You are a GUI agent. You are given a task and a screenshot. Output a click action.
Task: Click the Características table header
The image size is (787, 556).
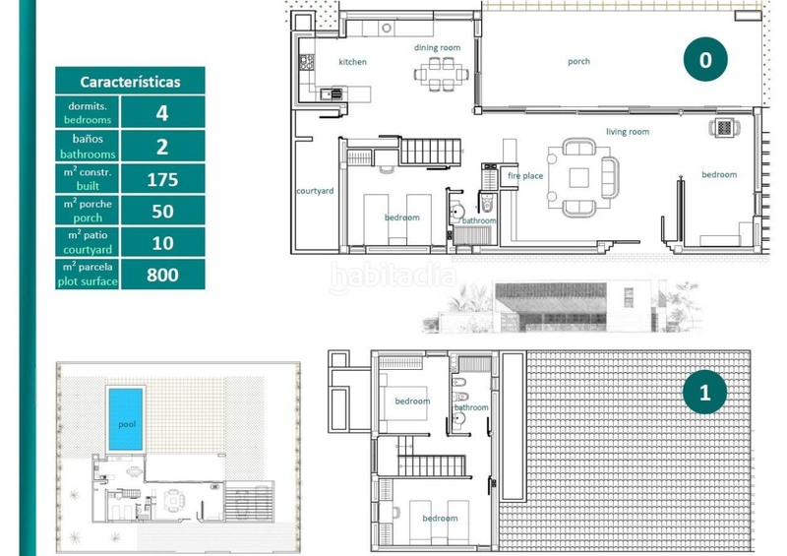129,82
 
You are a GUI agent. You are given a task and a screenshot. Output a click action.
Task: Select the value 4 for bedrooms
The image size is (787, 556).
162,113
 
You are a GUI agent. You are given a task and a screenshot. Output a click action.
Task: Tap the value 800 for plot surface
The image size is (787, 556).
162,275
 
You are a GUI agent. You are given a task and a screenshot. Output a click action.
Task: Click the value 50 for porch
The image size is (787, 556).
162,211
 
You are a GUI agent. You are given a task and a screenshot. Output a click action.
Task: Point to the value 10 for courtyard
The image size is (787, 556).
162,242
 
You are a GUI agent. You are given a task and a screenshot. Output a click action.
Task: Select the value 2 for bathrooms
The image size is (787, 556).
162,147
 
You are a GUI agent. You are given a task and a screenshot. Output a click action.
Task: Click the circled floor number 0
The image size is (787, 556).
704,61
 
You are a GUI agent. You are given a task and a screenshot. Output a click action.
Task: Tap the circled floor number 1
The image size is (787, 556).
704,394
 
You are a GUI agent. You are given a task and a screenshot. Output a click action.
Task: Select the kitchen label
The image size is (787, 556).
352,62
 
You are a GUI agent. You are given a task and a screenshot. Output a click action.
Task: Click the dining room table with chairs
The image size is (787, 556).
440,73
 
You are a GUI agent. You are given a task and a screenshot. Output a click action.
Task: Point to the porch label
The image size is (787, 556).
578,62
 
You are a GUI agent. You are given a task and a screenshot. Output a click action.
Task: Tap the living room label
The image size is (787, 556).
627,131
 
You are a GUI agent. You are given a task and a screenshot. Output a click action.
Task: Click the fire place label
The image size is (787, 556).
525,176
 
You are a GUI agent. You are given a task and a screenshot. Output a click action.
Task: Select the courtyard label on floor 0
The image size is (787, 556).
316,190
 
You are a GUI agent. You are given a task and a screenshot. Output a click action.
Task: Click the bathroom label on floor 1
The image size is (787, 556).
470,407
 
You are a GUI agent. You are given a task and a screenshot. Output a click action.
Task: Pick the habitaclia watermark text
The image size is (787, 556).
393,278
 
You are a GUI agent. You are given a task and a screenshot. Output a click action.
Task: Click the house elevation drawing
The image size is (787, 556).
561,307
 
